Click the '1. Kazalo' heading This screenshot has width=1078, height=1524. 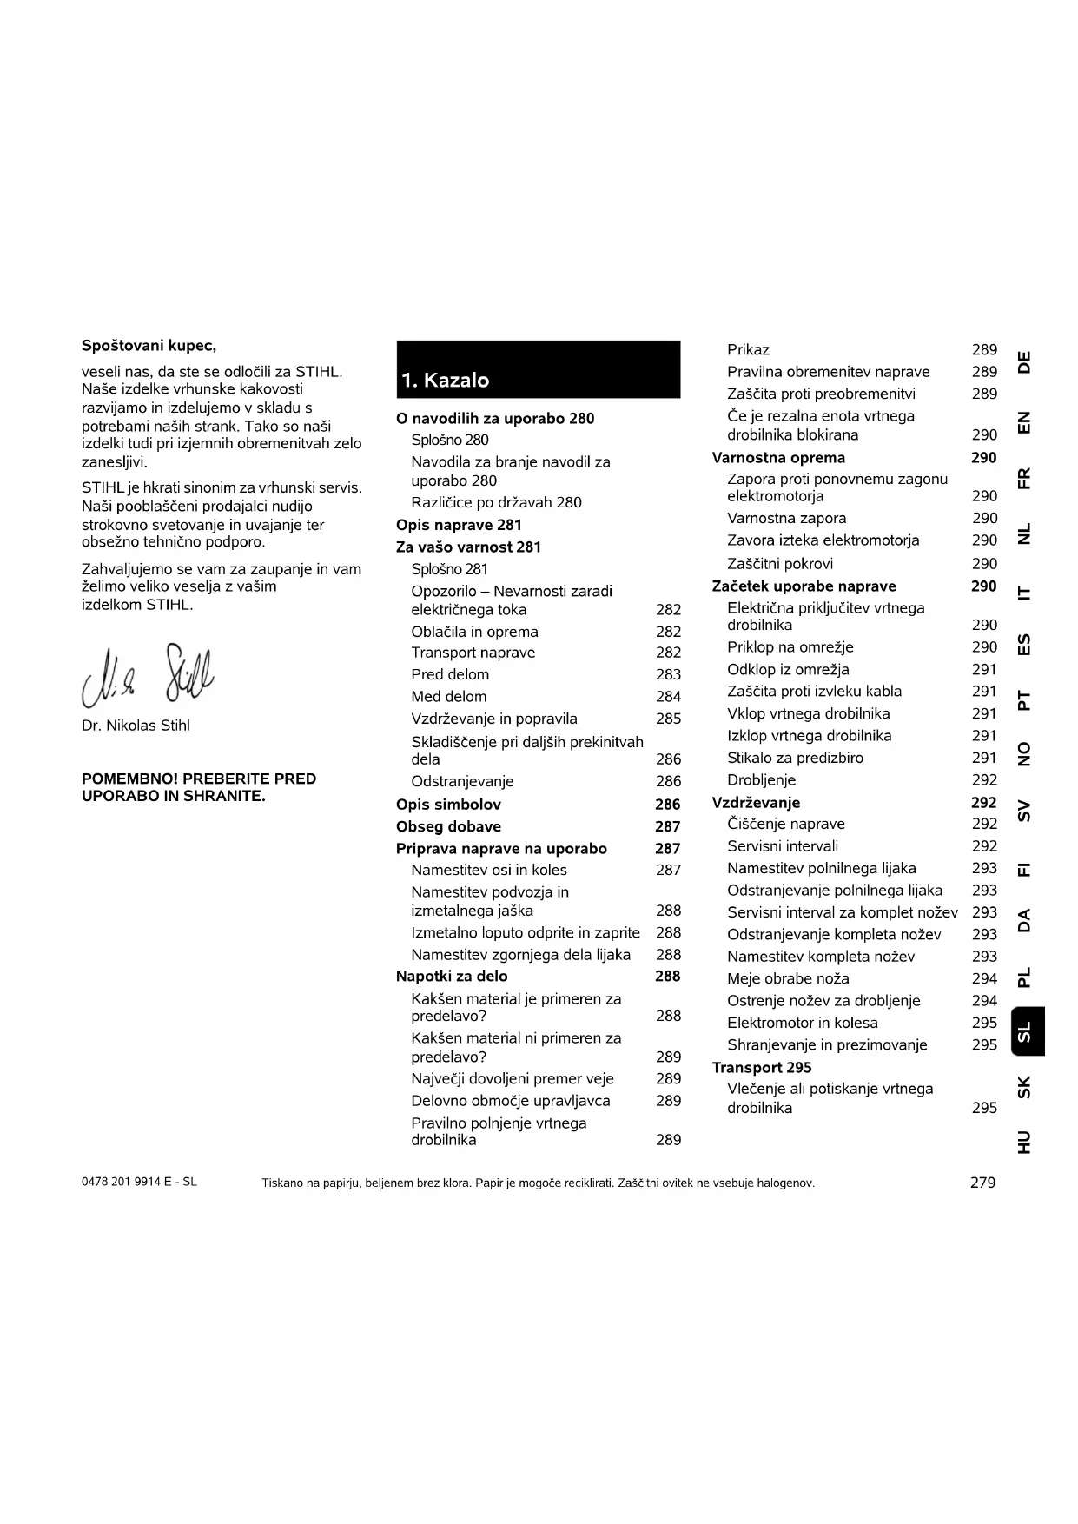446,381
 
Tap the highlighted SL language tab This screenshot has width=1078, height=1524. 1026,1031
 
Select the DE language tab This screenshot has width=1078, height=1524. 1025,362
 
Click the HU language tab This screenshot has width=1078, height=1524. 1025,1142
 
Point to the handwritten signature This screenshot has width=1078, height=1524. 148,677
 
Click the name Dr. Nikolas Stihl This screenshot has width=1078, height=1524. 136,726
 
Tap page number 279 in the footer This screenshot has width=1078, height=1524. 982,1183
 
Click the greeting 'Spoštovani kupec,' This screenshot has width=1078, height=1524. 149,346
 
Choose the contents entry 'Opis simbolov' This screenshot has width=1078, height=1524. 448,805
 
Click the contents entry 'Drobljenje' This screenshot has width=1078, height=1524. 761,780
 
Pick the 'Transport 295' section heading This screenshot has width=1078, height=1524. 762,1068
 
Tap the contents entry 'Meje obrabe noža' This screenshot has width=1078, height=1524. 788,978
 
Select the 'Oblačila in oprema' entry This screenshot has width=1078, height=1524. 474,632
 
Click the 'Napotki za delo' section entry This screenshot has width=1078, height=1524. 452,977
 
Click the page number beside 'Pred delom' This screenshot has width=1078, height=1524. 668,675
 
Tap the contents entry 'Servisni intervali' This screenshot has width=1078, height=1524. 783,846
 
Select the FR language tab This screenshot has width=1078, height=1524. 1025,479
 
